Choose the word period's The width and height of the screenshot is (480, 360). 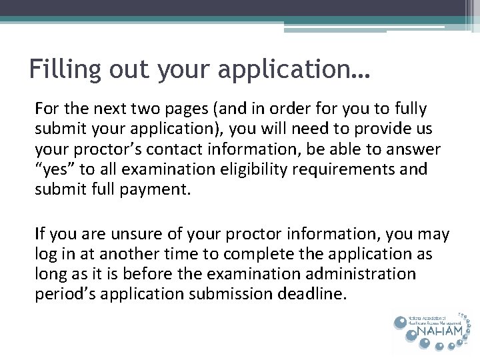point(61,295)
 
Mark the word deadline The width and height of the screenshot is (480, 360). point(317,293)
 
